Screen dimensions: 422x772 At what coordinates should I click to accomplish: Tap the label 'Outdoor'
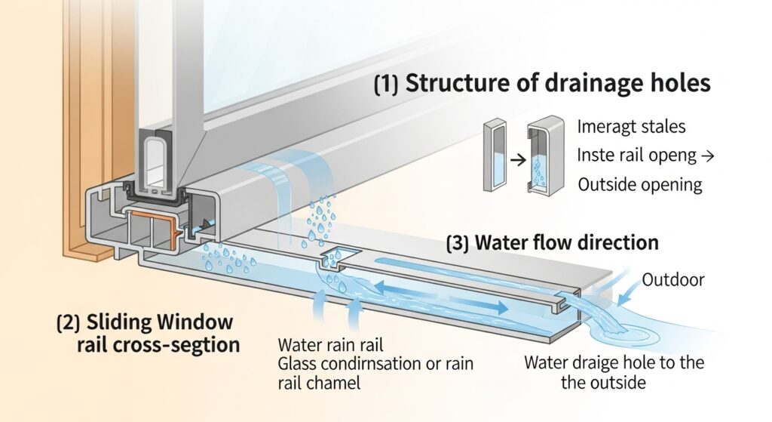(x=672, y=280)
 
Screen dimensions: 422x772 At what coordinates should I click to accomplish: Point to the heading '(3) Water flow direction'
(x=552, y=243)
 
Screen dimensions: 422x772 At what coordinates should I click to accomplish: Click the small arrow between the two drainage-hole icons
(x=515, y=160)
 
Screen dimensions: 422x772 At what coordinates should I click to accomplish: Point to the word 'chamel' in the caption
(x=333, y=383)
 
